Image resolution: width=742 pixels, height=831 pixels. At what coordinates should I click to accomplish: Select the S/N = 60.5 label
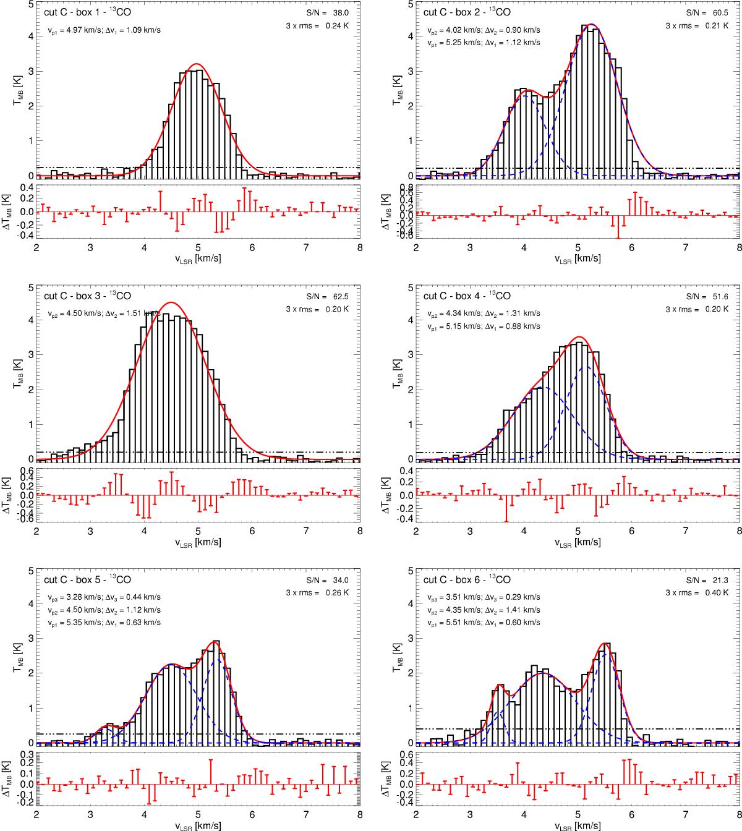(713, 12)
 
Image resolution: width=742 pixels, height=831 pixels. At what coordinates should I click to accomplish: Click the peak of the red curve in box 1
(197, 64)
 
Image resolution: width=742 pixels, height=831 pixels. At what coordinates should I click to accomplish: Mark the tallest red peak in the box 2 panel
(591, 24)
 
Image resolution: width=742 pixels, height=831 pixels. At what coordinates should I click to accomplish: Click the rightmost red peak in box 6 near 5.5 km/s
(605, 644)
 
